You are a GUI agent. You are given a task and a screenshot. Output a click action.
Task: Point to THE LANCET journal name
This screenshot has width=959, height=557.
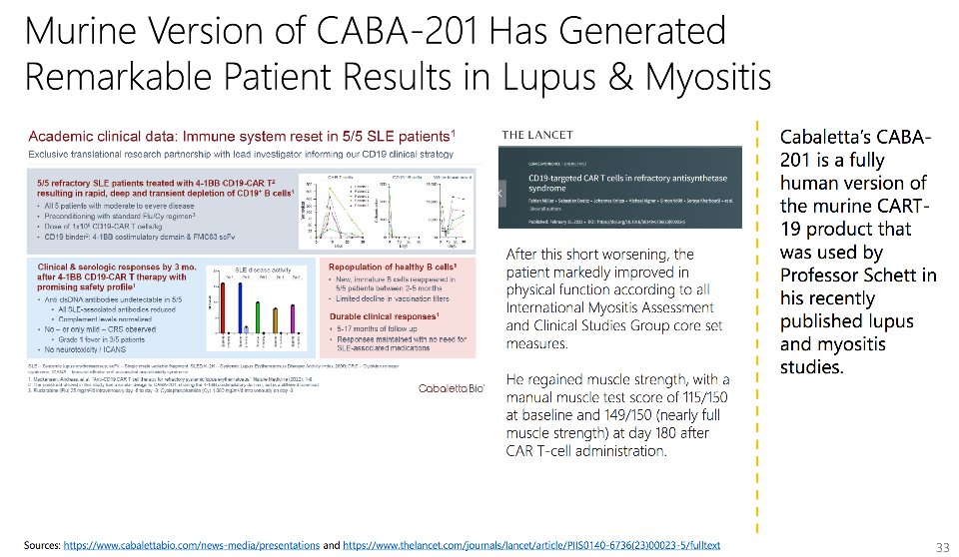tap(536, 135)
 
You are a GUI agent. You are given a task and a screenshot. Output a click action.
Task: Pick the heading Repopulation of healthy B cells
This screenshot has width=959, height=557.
tap(390, 268)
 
